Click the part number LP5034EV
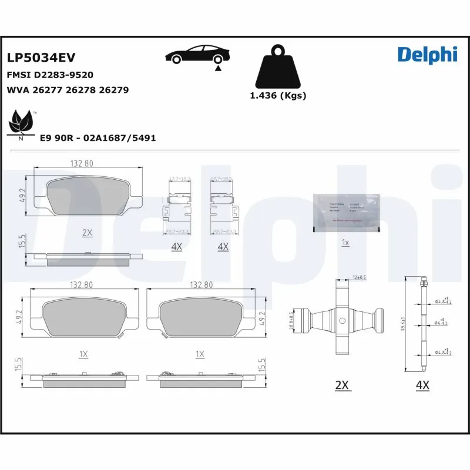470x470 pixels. (41, 57)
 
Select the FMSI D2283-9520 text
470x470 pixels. (50, 75)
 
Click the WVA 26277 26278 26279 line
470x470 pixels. (68, 90)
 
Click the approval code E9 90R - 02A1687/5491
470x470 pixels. (98, 137)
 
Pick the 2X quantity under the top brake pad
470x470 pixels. (87, 233)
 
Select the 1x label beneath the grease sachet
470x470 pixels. (345, 242)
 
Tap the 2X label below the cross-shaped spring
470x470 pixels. (342, 385)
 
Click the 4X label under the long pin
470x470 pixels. (422, 385)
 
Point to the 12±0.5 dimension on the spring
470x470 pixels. (360, 277)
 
